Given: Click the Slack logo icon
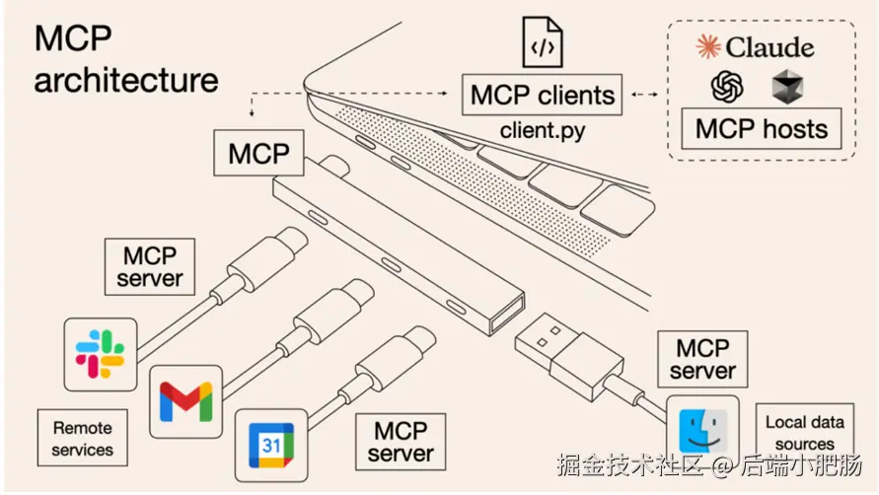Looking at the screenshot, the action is coord(101,354).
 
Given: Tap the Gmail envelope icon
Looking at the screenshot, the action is coord(185,401).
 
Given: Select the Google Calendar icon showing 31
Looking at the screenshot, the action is coord(271,446).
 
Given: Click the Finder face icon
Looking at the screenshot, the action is coord(703,431).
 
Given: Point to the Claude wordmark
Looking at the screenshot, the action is coord(755,47).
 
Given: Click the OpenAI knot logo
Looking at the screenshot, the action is coord(727,87).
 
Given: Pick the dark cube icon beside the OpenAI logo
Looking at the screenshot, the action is coord(787,87).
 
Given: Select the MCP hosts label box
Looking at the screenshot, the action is coord(762,129).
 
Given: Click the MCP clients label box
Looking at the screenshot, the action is coord(542,95).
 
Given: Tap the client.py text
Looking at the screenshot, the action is coord(542,130).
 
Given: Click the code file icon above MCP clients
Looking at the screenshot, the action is coord(542,42).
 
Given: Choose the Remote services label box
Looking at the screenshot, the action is coord(83,438).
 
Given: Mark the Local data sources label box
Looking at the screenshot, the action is coord(804,432).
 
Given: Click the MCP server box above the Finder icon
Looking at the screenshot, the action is coord(702,359).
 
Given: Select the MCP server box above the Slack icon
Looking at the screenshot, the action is coord(150,267).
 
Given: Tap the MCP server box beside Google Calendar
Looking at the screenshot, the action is coord(401,442).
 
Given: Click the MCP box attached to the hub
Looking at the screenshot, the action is coord(259,153).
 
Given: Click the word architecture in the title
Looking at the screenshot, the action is coord(126,80).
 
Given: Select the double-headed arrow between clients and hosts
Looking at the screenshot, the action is coord(644,95).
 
